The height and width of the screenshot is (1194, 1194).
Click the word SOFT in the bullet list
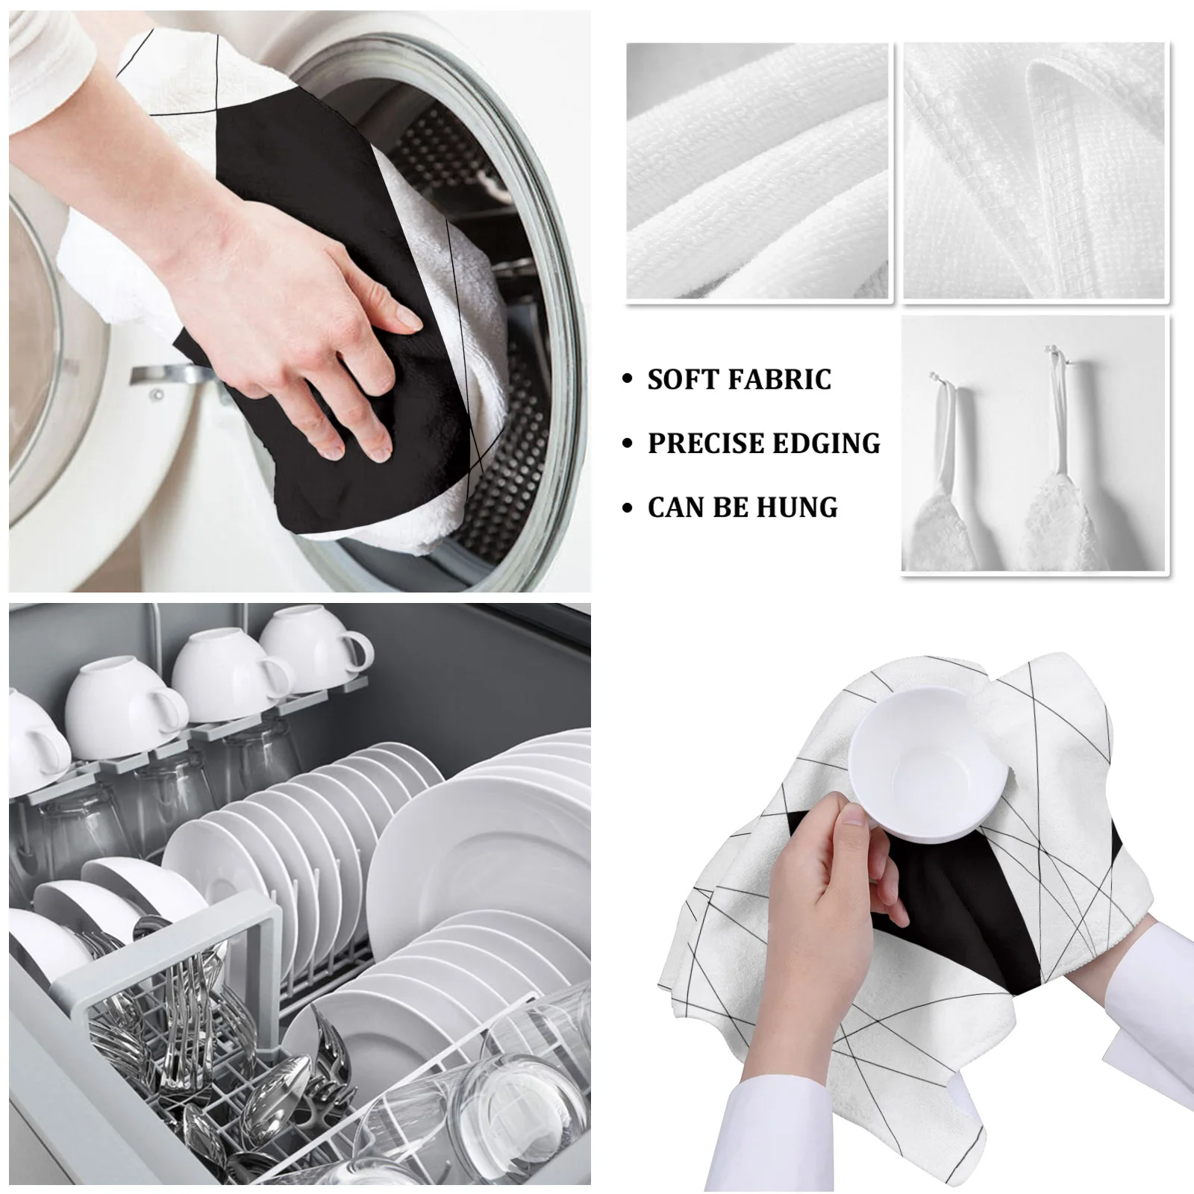681,380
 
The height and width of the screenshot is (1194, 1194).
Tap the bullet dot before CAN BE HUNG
628,508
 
